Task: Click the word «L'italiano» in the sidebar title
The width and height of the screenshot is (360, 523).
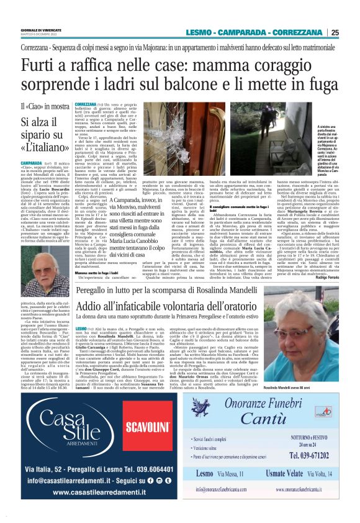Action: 45,148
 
